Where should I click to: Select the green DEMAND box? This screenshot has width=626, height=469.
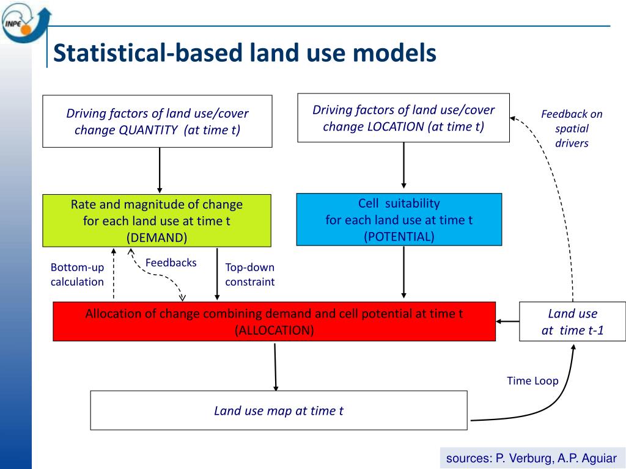point(156,220)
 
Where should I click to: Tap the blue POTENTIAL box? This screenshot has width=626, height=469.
point(399,220)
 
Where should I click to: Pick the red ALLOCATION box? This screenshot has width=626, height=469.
point(274,321)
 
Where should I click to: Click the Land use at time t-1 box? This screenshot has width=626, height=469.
point(572,322)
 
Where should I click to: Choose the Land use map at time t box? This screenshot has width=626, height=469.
point(278,410)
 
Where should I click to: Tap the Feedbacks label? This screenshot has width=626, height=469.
point(171,263)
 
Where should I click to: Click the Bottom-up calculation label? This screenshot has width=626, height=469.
point(77,274)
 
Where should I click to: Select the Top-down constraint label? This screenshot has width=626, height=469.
point(249,274)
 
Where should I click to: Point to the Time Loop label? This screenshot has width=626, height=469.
point(532,380)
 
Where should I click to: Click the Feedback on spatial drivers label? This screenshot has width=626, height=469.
point(572,128)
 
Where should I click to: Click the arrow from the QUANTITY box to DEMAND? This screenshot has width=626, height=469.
point(160,170)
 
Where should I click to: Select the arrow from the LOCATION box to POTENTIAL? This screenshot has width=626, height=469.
point(403,165)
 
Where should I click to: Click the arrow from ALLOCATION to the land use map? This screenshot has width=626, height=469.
point(275,366)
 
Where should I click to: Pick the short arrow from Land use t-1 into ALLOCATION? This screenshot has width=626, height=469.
point(507,321)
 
